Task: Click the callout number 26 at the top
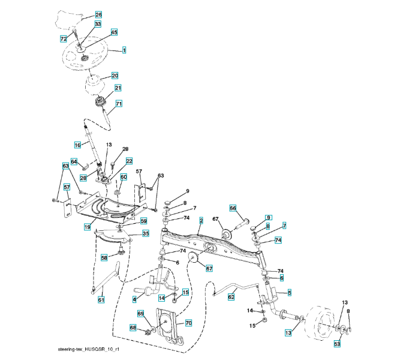pyautogui.click(x=98, y=14)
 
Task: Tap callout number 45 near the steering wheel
pyautogui.click(x=114, y=32)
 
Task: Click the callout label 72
pyautogui.click(x=64, y=38)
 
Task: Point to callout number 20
pyautogui.click(x=115, y=76)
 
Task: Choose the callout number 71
pyautogui.click(x=119, y=104)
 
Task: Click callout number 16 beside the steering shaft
pyautogui.click(x=77, y=145)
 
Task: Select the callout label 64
pyautogui.click(x=74, y=161)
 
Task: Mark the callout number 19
pyautogui.click(x=87, y=227)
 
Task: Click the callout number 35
pyautogui.click(x=145, y=233)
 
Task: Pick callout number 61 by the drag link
pyautogui.click(x=101, y=300)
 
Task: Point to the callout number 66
pyautogui.click(x=233, y=208)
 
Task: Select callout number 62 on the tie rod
pyautogui.click(x=231, y=296)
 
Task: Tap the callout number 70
pyautogui.click(x=188, y=323)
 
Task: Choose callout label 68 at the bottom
pyautogui.click(x=133, y=328)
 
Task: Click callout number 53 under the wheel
pyautogui.click(x=337, y=344)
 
